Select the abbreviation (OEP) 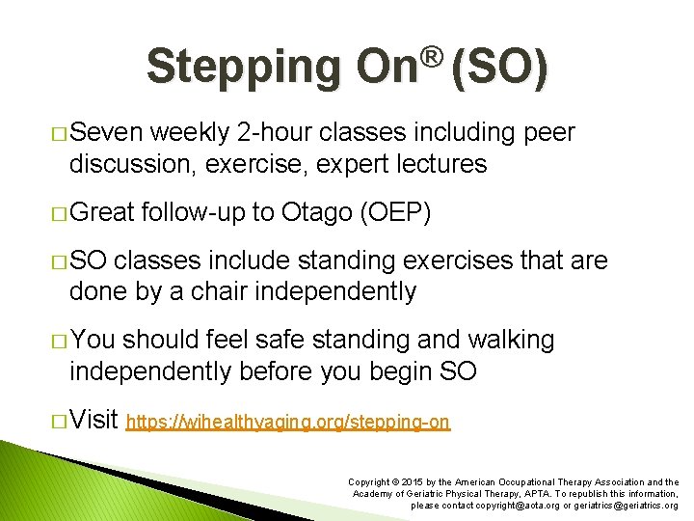pyautogui.click(x=402, y=212)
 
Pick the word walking pyautogui.click(x=510, y=340)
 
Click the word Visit pyautogui.click(x=93, y=419)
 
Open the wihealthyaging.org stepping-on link pyautogui.click(x=289, y=422)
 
